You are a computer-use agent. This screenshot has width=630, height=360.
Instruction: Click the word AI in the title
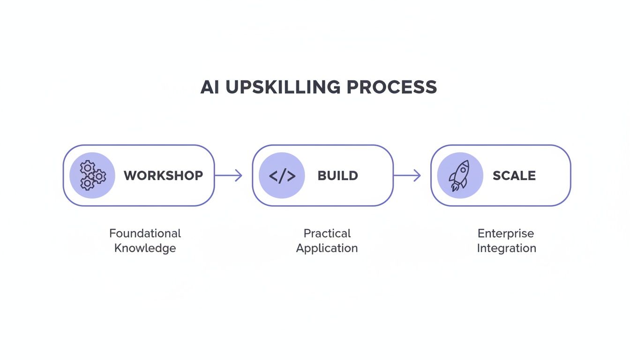pos(210,88)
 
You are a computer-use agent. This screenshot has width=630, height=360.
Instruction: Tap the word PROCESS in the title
pos(392,88)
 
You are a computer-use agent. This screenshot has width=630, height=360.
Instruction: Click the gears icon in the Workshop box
pos(92,175)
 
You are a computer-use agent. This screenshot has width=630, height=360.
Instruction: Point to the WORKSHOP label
pos(163,176)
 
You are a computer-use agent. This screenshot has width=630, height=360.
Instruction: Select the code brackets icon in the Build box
pos(282,176)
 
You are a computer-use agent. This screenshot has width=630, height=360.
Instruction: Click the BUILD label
pos(337,176)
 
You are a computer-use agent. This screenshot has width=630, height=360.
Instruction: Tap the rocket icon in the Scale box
pos(459,175)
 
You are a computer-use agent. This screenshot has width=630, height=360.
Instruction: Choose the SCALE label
pos(514,176)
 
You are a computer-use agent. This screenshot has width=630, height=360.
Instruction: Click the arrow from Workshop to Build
pos(228,176)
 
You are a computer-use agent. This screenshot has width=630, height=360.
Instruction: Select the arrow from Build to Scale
pos(407,176)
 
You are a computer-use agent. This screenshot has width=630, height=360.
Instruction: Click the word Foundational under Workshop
pos(145,233)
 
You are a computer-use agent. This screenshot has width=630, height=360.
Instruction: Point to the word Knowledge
pos(145,248)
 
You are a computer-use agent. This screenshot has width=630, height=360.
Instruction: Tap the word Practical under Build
pos(327,233)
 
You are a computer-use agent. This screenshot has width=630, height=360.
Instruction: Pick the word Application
pos(327,248)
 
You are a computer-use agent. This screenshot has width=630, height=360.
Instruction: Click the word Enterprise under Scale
pos(506,233)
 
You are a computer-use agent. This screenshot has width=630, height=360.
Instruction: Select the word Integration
pos(506,248)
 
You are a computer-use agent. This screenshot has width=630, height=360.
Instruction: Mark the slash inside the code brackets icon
pos(282,176)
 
